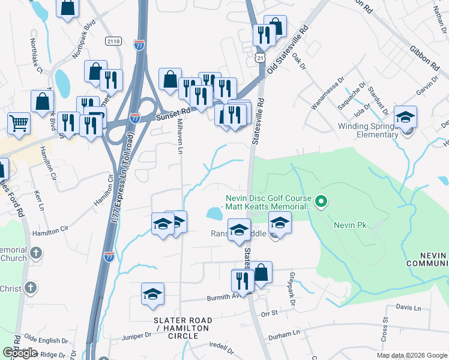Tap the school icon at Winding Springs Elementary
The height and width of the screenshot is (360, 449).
click(405, 116)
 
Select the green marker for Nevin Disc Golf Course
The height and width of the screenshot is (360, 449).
click(321, 202)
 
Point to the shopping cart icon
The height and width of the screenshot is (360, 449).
click(19, 123)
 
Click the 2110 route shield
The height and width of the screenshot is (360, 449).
click(112, 41)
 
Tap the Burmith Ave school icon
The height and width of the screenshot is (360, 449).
click(152, 294)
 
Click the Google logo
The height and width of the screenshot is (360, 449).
click(20, 353)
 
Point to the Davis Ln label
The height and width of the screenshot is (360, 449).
click(409, 307)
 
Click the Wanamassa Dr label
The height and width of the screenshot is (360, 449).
click(328, 100)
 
